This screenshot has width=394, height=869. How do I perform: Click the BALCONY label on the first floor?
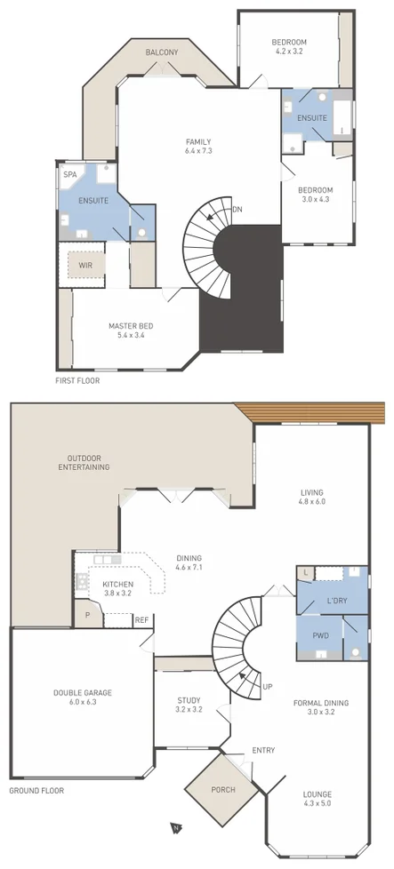pos(163,52)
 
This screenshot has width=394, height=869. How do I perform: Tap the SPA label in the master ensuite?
pos(69,174)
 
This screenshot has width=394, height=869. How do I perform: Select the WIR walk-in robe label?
pos(87,265)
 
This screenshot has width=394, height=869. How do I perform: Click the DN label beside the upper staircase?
pos(237,209)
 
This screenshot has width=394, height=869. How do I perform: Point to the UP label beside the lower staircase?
pos(267,686)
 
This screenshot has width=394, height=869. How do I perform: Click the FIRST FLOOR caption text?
pos(77,380)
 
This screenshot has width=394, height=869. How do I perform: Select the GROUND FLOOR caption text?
pos(36,790)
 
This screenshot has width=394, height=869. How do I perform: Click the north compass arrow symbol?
pos(176,828)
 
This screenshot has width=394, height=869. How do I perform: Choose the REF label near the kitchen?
pos(141,620)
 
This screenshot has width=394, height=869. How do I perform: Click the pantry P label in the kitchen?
pos(88,615)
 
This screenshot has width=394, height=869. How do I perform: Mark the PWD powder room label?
pos(320,635)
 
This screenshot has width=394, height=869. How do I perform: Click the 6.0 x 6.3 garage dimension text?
pos(83,702)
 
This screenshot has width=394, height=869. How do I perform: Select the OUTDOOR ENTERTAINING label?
pos(84,462)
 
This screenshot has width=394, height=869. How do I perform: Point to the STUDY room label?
pos(188,699)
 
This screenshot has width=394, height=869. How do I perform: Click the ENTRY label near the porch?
pos(263,750)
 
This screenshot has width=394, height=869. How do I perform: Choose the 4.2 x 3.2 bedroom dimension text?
pos(289,51)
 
